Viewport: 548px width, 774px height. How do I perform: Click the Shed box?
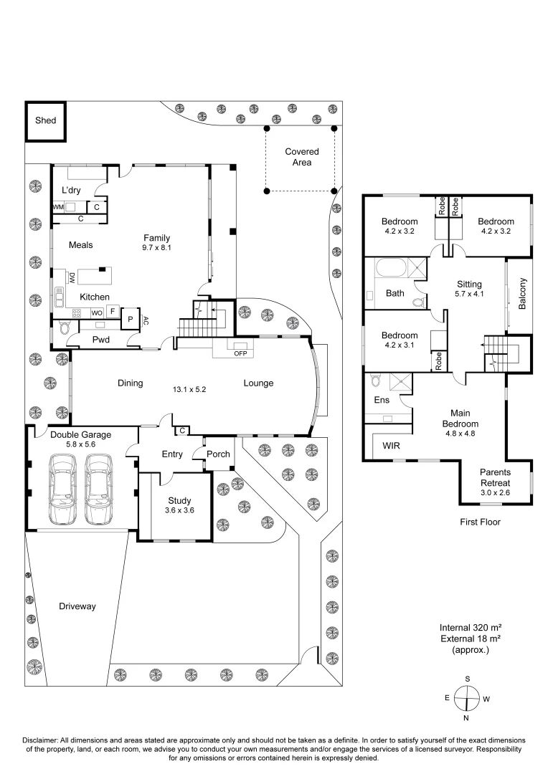tap(46, 121)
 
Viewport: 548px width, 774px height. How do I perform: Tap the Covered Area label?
tap(301, 157)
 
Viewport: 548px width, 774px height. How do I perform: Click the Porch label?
tap(218, 454)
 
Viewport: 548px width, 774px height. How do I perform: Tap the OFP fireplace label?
tap(240, 352)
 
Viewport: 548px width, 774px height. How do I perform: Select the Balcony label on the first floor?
tap(523, 294)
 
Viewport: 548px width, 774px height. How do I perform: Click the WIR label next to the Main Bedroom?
tap(392, 445)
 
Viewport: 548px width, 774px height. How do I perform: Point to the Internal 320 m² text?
tap(470, 626)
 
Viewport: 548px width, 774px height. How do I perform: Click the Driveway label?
tap(77, 606)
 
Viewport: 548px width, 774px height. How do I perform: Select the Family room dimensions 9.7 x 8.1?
tap(156, 247)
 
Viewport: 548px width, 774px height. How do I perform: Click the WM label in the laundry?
tap(58, 207)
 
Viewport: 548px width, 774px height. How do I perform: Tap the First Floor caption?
tap(480, 522)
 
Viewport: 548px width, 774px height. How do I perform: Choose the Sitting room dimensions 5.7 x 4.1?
tap(470, 294)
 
